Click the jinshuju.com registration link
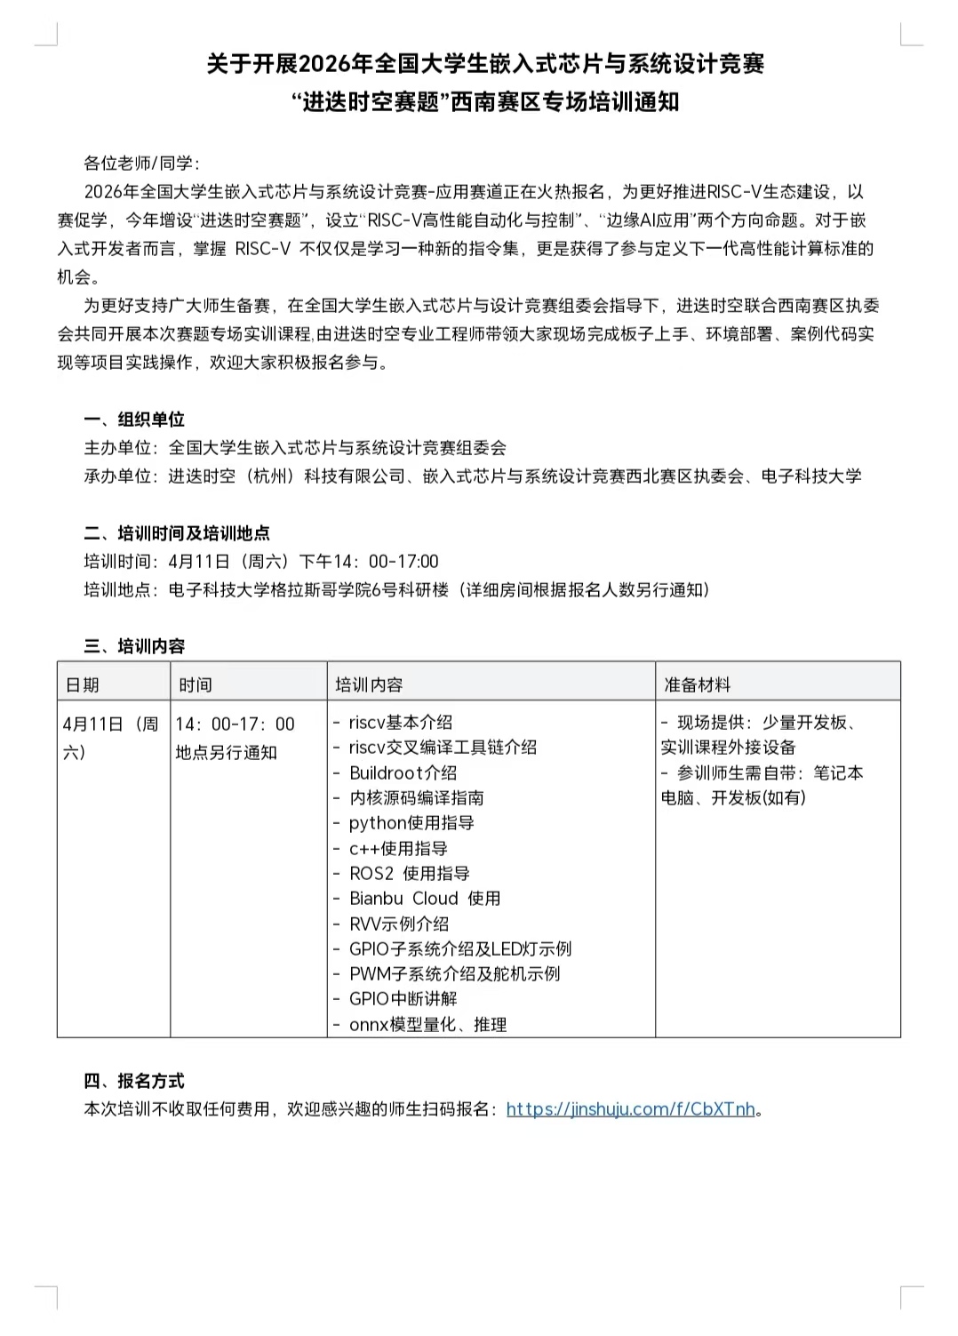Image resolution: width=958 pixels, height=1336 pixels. pyautogui.click(x=630, y=1108)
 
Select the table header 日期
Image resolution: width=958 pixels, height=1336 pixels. pyautogui.click(x=83, y=684)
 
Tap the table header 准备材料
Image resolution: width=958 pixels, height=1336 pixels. pyautogui.click(x=698, y=684)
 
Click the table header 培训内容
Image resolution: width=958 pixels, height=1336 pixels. pyautogui.click(x=369, y=684)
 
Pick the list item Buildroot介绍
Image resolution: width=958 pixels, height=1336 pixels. pyautogui.click(x=403, y=772)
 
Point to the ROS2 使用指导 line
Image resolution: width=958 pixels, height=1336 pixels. pyautogui.click(x=409, y=874)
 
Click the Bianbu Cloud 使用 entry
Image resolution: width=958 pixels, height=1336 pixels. pyautogui.click(x=424, y=899)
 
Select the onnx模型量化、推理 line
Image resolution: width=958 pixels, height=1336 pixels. pyautogui.click(x=427, y=1025)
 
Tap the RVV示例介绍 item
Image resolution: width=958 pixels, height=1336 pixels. pyautogui.click(x=398, y=924)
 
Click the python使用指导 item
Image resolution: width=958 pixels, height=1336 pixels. pyautogui.click(x=411, y=823)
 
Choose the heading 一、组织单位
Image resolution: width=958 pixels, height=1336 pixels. pyautogui.click(x=134, y=420)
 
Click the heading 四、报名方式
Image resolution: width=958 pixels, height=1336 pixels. pyautogui.click(x=134, y=1081)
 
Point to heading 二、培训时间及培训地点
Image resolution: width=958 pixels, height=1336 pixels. pyautogui.click(x=177, y=533)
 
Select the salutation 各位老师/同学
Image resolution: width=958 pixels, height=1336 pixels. pyautogui.click(x=142, y=164)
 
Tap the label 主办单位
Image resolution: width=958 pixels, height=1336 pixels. pyautogui.click(x=117, y=448)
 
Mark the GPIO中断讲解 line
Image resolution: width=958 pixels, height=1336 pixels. pyautogui.click(x=403, y=999)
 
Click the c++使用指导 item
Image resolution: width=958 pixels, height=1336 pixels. pyautogui.click(x=398, y=849)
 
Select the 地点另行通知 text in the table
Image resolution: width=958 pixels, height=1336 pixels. pyautogui.click(x=227, y=753)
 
